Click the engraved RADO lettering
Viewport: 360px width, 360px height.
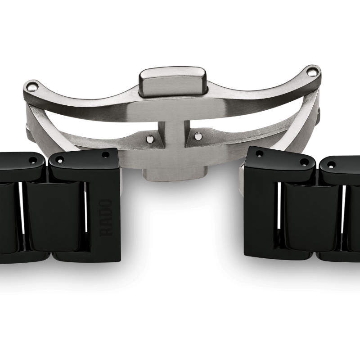[x=107, y=217]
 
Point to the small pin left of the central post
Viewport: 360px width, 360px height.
[x=150, y=139]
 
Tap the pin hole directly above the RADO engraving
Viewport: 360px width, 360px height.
[x=105, y=155]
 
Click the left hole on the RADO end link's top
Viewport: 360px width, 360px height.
[x=59, y=160]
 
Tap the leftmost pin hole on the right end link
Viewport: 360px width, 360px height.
[x=259, y=154]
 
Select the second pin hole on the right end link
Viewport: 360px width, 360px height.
[x=304, y=162]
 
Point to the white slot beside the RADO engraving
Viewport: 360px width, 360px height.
[x=86, y=211]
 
